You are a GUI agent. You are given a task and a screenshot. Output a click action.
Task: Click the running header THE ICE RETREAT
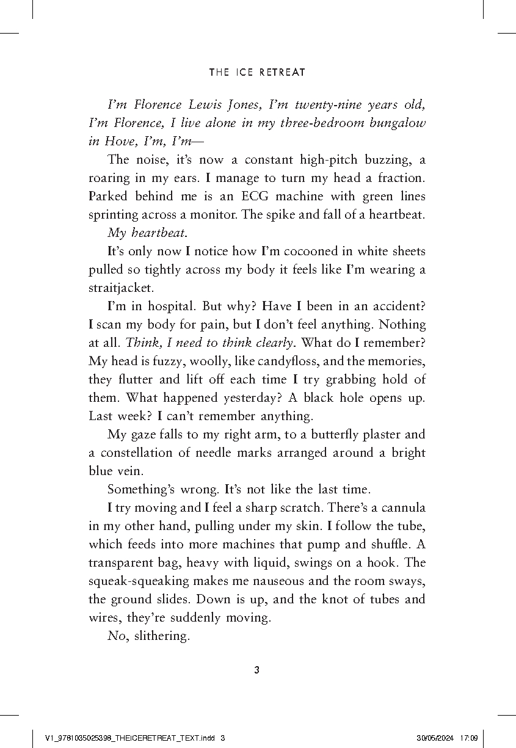click(257, 72)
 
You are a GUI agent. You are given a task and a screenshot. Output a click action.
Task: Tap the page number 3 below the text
click(256, 670)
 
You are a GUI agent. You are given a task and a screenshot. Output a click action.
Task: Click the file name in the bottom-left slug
click(131, 738)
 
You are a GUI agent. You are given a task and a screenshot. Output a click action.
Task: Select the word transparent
click(122, 562)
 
